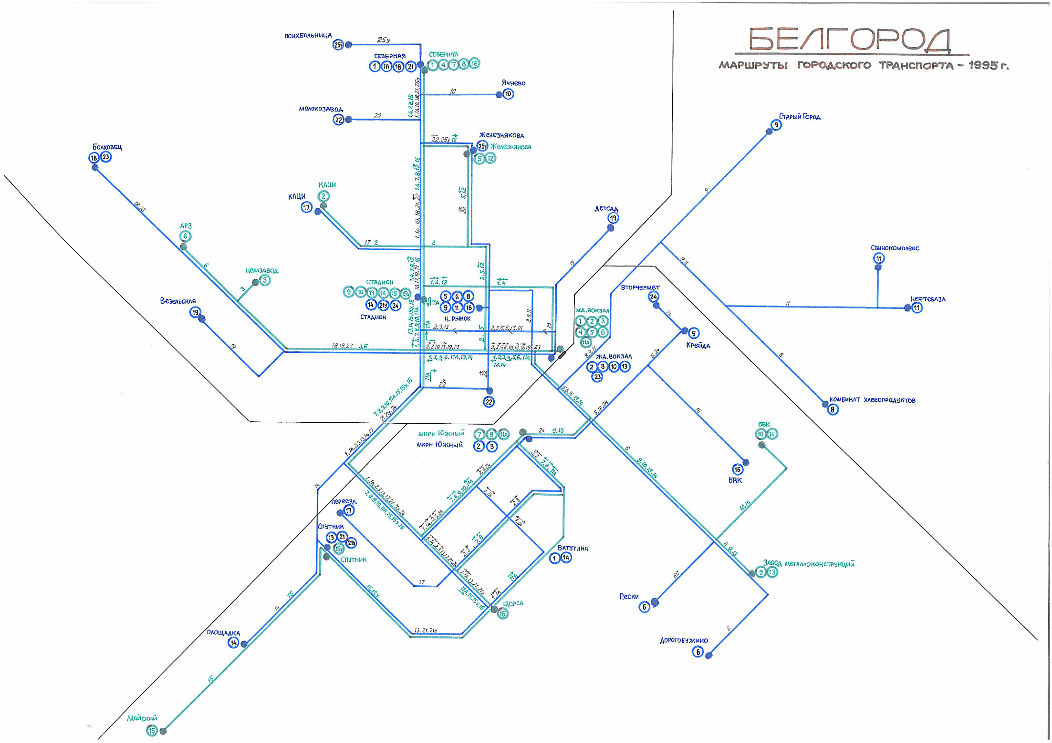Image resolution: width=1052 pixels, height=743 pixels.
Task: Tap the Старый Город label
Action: coord(800,117)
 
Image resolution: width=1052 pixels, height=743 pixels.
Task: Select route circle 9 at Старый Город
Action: coord(776,125)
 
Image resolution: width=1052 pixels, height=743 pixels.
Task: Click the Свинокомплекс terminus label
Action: coord(895,248)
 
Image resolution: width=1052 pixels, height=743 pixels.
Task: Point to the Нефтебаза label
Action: coord(927,299)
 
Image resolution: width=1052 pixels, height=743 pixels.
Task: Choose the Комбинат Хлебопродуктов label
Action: coord(872,400)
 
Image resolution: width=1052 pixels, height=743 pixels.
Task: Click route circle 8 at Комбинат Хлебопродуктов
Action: coord(833,409)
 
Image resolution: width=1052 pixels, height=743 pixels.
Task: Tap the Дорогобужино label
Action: coord(684,641)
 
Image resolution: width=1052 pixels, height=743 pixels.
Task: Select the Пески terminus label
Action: coord(629,596)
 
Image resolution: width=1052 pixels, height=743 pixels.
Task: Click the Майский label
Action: coord(142,718)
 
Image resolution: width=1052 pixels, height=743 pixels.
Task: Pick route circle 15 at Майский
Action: coord(152,731)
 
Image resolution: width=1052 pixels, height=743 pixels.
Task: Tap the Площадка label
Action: coord(223,633)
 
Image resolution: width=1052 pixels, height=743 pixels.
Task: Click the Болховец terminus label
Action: coord(107,147)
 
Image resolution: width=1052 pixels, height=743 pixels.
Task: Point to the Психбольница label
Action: coord(308,36)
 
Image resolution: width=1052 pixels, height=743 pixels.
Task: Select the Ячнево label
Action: coord(513,83)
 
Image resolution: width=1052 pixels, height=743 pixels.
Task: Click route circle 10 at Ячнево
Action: coord(508,94)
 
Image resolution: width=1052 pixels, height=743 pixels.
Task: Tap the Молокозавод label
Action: coord(321,109)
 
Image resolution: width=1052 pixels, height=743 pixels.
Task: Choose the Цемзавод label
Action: coord(262,271)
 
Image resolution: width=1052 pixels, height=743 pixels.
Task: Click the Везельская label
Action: coord(178,301)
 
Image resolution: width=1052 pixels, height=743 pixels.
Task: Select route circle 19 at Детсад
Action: coord(613,218)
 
